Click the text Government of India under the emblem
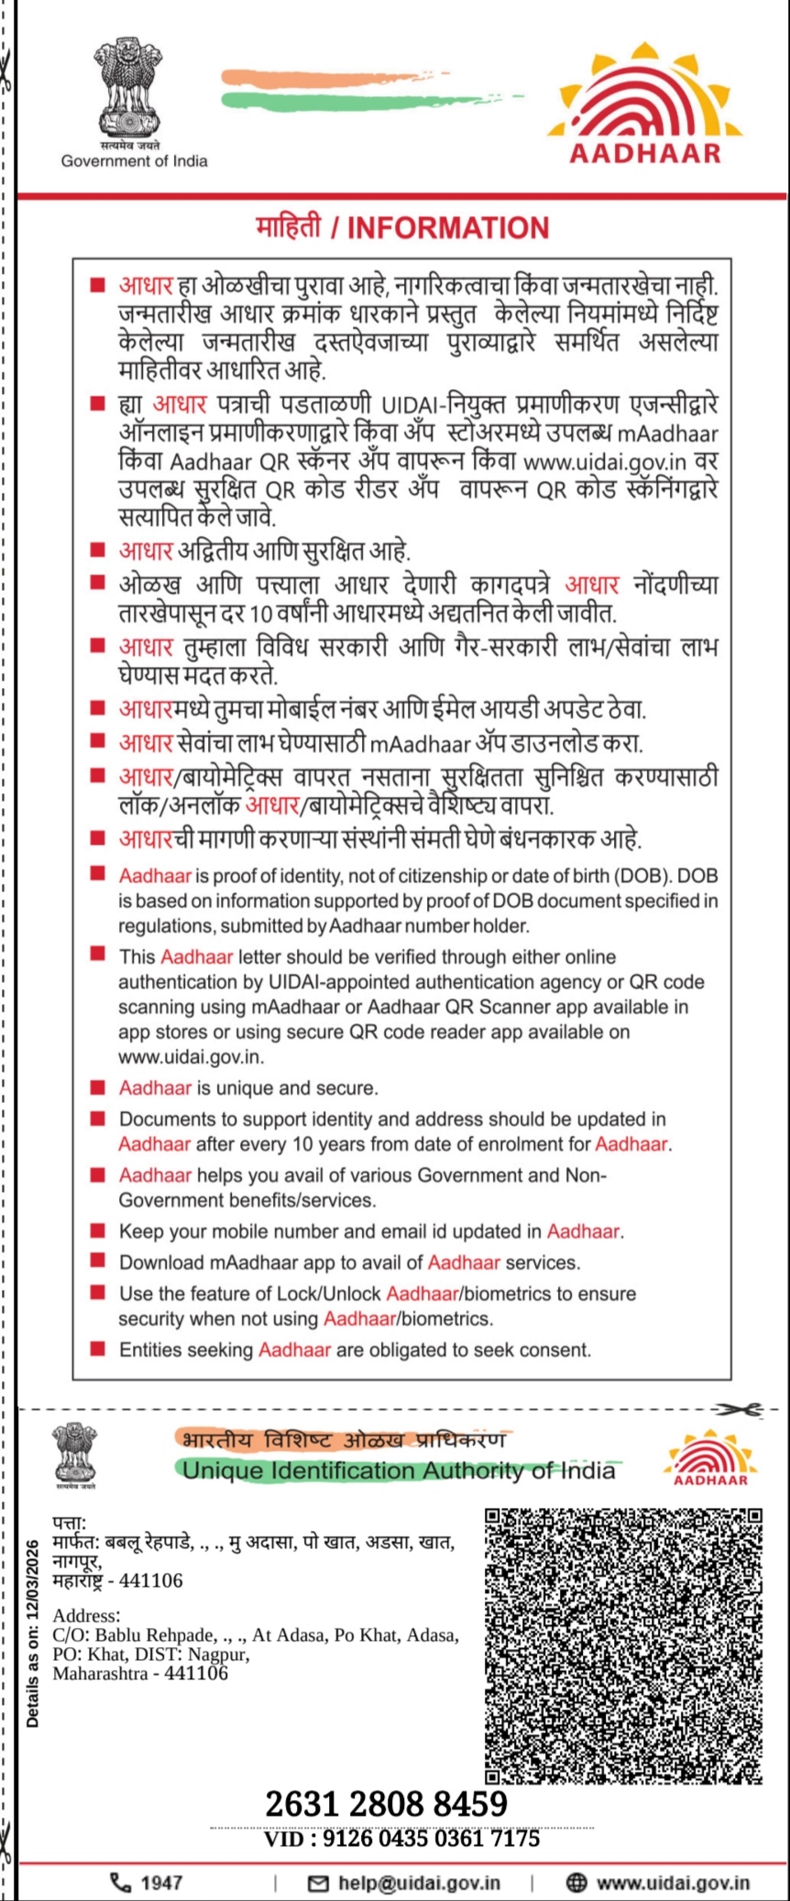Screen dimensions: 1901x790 [x=134, y=161]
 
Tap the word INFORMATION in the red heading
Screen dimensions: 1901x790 [x=448, y=228]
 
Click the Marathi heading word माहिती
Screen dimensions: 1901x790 [x=289, y=227]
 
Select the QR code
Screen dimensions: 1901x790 [x=623, y=1645]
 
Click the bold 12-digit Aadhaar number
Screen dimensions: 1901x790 [x=386, y=1804]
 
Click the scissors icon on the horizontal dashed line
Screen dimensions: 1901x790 [x=740, y=1410]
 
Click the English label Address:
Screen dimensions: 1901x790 [x=86, y=1615]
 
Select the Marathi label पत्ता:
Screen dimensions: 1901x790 [x=70, y=1523]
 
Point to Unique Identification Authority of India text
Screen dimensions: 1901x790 [x=399, y=1470]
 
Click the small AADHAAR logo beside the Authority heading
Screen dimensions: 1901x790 [x=710, y=1459]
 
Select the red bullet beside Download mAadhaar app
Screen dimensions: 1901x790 [x=97, y=1262]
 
